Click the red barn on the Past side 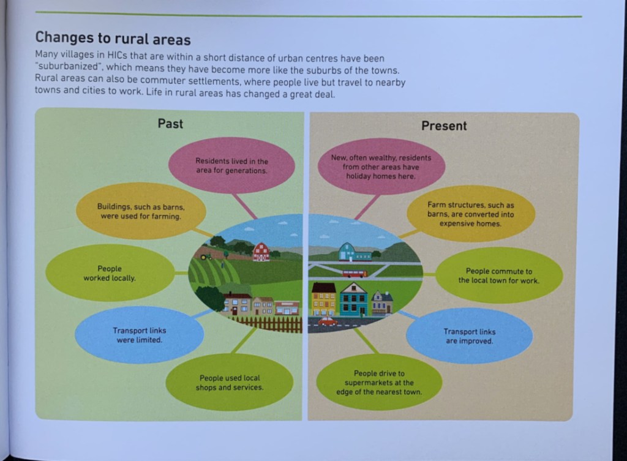coord(261,251)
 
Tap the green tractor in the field coord(206,257)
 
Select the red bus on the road coord(355,274)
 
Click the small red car coord(327,321)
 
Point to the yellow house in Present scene coord(323,299)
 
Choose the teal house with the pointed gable coord(353,299)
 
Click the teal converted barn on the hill coord(348,252)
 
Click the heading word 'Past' coord(170,124)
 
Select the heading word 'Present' coord(444,126)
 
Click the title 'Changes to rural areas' coord(113,39)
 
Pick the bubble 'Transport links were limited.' coord(139,335)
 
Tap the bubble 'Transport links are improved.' coord(470,336)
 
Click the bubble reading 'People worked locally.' coord(110,273)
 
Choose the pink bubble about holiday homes coord(381,166)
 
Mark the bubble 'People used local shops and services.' coord(230,383)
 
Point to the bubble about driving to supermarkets coord(379,383)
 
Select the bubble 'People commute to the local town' coord(498,275)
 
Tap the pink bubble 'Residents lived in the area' coord(231,165)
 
